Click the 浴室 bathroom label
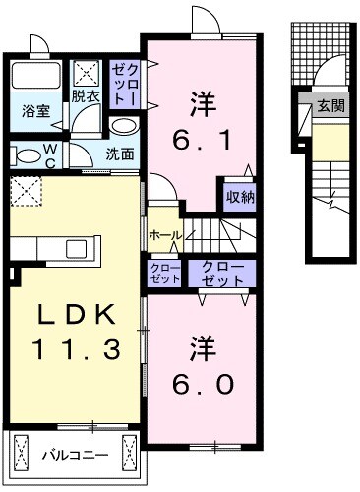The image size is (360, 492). pyautogui.click(x=35, y=111)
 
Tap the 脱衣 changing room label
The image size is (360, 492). pyautogui.click(x=87, y=96)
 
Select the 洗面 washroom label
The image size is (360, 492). pyautogui.click(x=120, y=154)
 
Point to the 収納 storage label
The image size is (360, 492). pyautogui.click(x=240, y=195)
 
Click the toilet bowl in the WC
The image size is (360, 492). pyautogui.click(x=22, y=154)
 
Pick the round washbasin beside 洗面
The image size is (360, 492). pyautogui.click(x=123, y=127)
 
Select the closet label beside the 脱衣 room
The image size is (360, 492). pyautogui.click(x=125, y=84)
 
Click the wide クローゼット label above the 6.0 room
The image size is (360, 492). pyautogui.click(x=223, y=272)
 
